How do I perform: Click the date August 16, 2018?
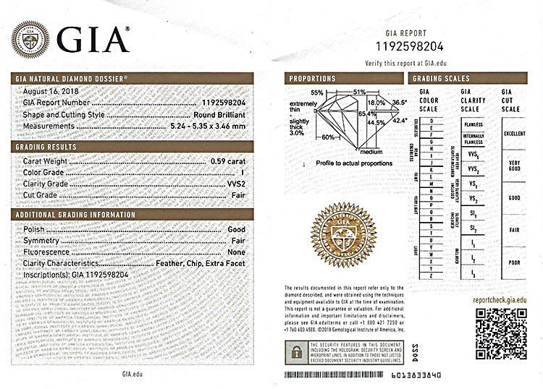[51, 92]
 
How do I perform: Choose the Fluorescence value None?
[236, 252]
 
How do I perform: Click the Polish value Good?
[236, 228]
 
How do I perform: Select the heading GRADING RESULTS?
[46, 146]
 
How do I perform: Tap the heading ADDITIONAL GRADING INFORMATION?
[75, 215]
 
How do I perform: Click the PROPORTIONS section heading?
[312, 78]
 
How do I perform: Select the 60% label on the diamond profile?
[328, 137]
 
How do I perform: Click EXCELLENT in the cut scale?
[515, 134]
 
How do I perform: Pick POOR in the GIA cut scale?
[515, 262]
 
